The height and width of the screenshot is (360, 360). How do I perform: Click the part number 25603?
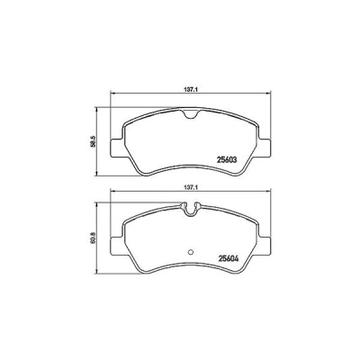click(x=227, y=160)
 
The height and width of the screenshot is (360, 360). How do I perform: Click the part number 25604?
click(x=229, y=259)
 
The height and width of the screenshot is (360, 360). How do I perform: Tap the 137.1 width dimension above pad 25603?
click(x=190, y=89)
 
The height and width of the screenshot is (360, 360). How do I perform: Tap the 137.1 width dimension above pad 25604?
click(x=190, y=187)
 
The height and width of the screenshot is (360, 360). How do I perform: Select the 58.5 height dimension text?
click(x=93, y=141)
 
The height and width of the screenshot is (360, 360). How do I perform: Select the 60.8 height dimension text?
click(x=93, y=238)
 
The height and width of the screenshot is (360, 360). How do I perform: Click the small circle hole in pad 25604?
click(x=190, y=252)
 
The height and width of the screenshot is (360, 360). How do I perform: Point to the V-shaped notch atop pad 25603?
click(x=190, y=114)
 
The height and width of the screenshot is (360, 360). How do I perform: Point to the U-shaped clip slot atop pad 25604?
click(x=190, y=210)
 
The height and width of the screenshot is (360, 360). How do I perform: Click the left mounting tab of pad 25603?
click(x=116, y=148)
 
